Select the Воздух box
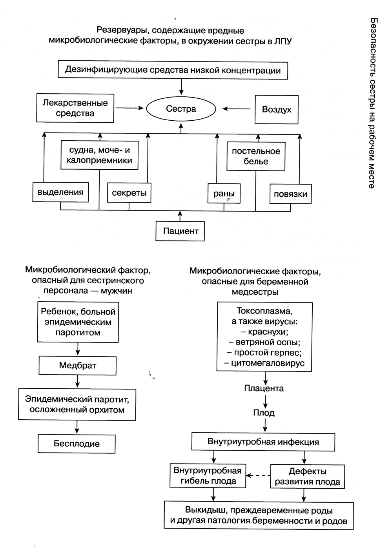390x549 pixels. tap(276, 109)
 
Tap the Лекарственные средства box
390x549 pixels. tap(75, 108)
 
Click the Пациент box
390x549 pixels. tap(180, 231)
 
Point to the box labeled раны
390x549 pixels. tap(224, 193)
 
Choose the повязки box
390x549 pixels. tap(290, 194)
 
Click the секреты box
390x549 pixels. tap(129, 193)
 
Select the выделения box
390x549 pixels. tap(60, 192)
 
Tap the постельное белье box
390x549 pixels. tap(256, 156)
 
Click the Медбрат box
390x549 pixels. tap(78, 366)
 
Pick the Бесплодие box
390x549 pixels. tap(77, 444)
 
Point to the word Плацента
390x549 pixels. tap(264, 388)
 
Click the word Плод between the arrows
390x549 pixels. tap(264, 413)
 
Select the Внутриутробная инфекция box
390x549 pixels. tap(263, 442)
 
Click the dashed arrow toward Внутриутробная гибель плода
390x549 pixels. tap(258, 475)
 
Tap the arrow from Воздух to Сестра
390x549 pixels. tap(236, 109)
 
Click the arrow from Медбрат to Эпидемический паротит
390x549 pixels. tap(78, 381)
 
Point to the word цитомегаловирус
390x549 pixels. tap(268, 363)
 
